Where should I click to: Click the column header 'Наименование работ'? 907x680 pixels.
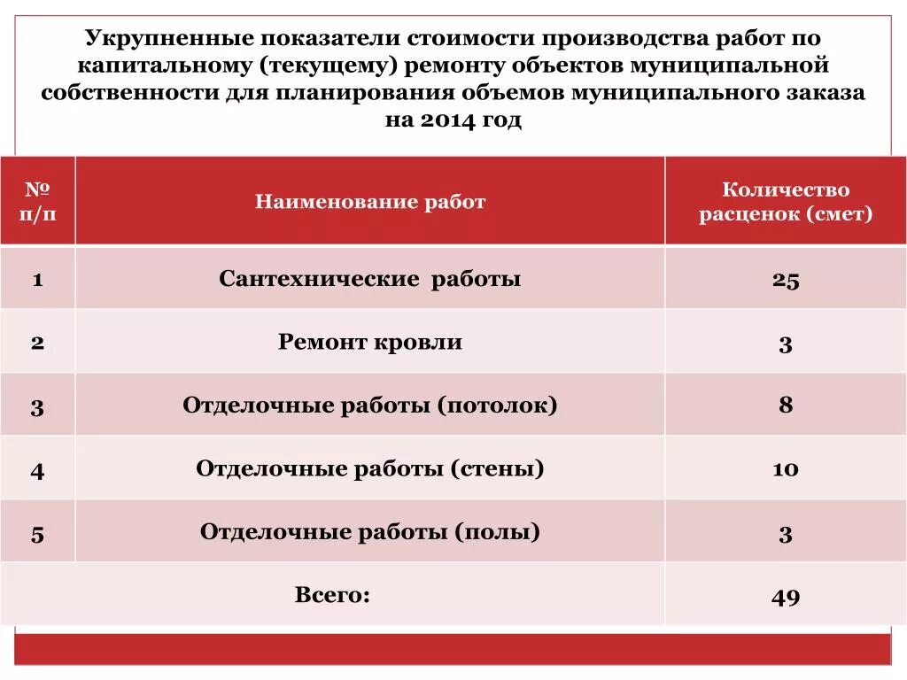[370, 202]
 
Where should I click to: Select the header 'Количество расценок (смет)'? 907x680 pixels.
[785, 202]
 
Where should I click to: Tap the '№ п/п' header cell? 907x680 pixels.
[37, 202]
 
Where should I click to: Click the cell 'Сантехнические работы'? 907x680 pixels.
[370, 279]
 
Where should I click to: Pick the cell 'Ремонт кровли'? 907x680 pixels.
[370, 342]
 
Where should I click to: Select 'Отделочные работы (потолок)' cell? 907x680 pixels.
[370, 406]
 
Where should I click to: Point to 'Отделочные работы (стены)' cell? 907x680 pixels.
[370, 468]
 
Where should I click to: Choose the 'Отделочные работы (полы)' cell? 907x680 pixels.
[370, 532]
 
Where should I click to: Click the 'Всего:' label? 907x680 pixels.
[332, 594]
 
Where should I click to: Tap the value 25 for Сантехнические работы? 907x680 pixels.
[785, 281]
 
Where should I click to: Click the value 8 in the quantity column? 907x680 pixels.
[785, 406]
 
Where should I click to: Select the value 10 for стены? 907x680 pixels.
[785, 468]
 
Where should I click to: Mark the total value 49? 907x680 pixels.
[785, 597]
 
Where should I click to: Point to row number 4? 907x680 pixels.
[37, 470]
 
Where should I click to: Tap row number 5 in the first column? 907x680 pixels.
[37, 534]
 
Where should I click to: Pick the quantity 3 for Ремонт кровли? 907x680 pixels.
[785, 344]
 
